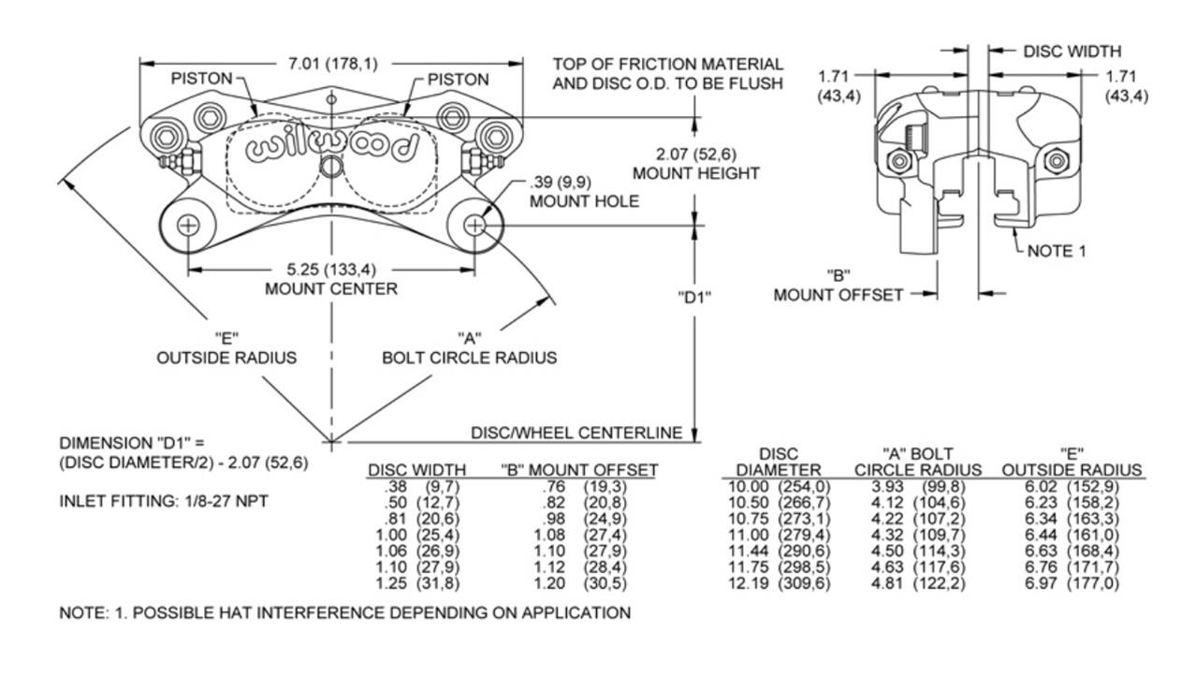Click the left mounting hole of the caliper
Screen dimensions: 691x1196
[188, 226]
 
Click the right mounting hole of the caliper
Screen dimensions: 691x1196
[475, 226]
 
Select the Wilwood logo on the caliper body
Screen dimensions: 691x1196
[331, 147]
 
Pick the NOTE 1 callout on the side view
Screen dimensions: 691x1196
[1057, 251]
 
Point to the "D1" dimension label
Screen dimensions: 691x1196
[694, 298]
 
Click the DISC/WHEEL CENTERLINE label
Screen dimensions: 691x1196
[576, 433]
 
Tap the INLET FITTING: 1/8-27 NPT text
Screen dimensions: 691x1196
[164, 502]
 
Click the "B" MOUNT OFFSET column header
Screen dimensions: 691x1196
[578, 469]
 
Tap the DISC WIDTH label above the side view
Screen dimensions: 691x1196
[1072, 51]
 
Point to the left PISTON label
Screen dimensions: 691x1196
[200, 79]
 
